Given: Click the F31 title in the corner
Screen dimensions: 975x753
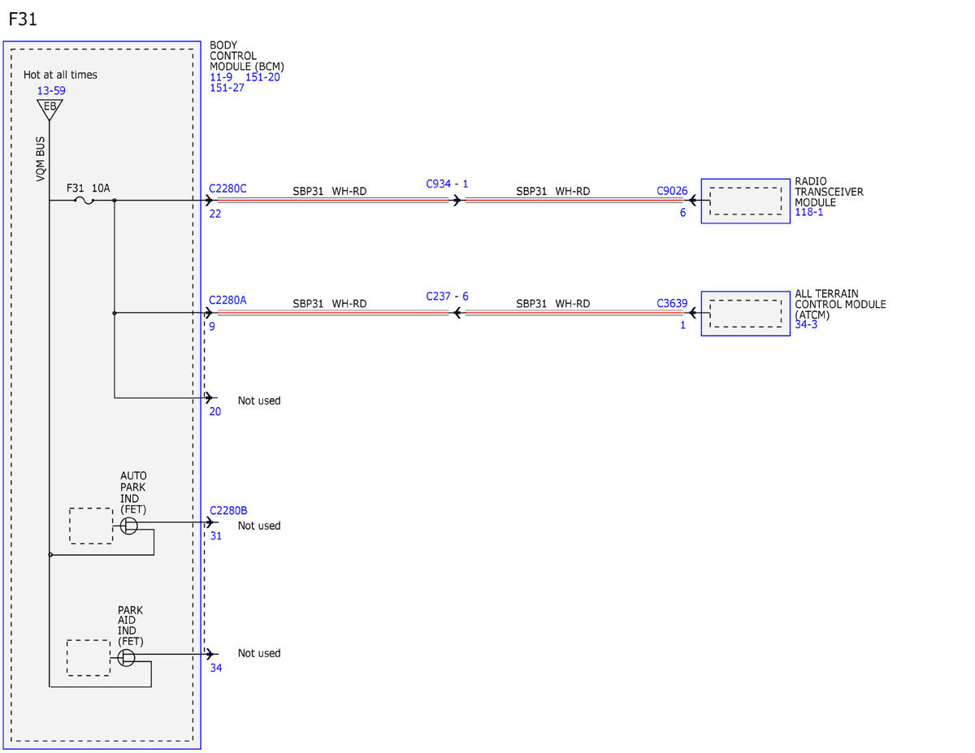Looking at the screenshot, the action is [x=23, y=19].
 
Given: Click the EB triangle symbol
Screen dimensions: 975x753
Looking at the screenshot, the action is [x=50, y=109].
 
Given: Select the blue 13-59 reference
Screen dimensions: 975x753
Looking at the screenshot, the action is [x=51, y=91].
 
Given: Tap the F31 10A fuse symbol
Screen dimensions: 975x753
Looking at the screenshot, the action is [x=84, y=201].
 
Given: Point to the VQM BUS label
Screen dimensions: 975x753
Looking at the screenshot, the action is [x=41, y=158].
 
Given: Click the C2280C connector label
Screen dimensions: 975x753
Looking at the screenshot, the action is [x=227, y=188].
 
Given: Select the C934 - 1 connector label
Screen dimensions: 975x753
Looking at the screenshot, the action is [x=447, y=184].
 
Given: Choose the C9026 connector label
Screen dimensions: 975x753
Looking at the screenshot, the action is [x=672, y=191].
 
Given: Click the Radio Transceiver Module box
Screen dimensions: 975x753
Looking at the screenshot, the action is [x=745, y=201].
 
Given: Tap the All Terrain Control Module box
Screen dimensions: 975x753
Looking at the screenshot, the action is [x=745, y=314].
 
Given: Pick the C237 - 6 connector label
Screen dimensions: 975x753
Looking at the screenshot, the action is [x=447, y=296].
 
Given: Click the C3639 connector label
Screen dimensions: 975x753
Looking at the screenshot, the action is [x=672, y=303].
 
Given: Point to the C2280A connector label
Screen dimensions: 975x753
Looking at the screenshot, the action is [x=227, y=300].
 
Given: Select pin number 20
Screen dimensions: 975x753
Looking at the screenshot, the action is [x=215, y=411].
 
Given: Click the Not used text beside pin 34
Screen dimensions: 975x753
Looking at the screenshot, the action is [x=259, y=653].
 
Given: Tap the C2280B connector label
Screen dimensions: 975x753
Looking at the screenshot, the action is [x=228, y=510].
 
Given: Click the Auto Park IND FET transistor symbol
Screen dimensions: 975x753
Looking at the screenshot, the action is [x=128, y=526].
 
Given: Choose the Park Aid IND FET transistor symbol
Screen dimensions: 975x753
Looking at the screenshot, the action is [x=126, y=658].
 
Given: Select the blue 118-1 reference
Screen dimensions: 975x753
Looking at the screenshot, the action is [x=809, y=212].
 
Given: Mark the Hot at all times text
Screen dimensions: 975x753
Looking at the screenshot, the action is [x=60, y=75].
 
